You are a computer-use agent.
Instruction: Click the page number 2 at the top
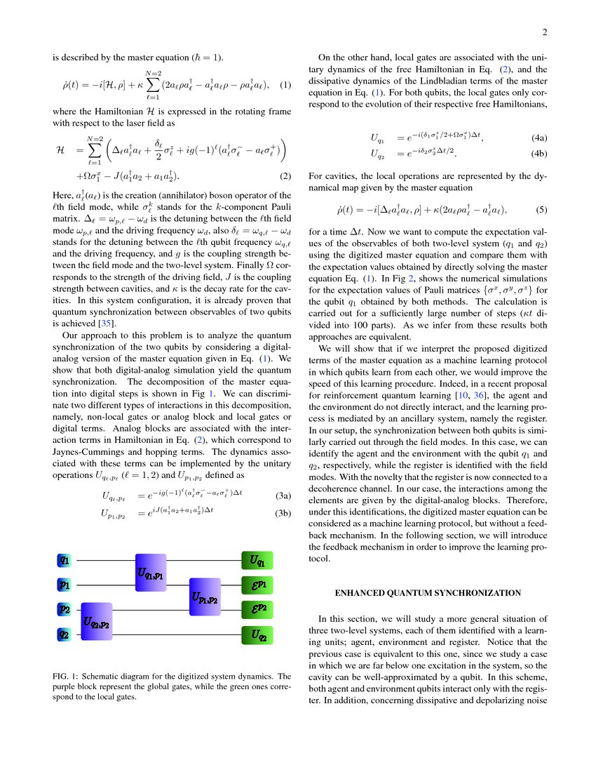coord(544,32)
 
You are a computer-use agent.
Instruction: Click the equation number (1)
coord(285,85)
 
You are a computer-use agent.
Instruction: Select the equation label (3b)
coord(283,513)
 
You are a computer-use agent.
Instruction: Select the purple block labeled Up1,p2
coord(205,598)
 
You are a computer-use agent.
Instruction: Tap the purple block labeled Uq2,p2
coord(96,621)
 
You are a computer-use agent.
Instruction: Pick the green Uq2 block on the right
coord(257,636)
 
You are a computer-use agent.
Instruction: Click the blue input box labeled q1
coord(64,560)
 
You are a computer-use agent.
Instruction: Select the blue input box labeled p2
coord(64,608)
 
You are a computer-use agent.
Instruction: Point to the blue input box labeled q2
coord(64,634)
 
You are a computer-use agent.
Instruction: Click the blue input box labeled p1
coord(64,584)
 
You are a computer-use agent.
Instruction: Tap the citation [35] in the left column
coord(109,324)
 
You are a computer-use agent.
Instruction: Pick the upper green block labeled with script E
coord(257,585)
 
